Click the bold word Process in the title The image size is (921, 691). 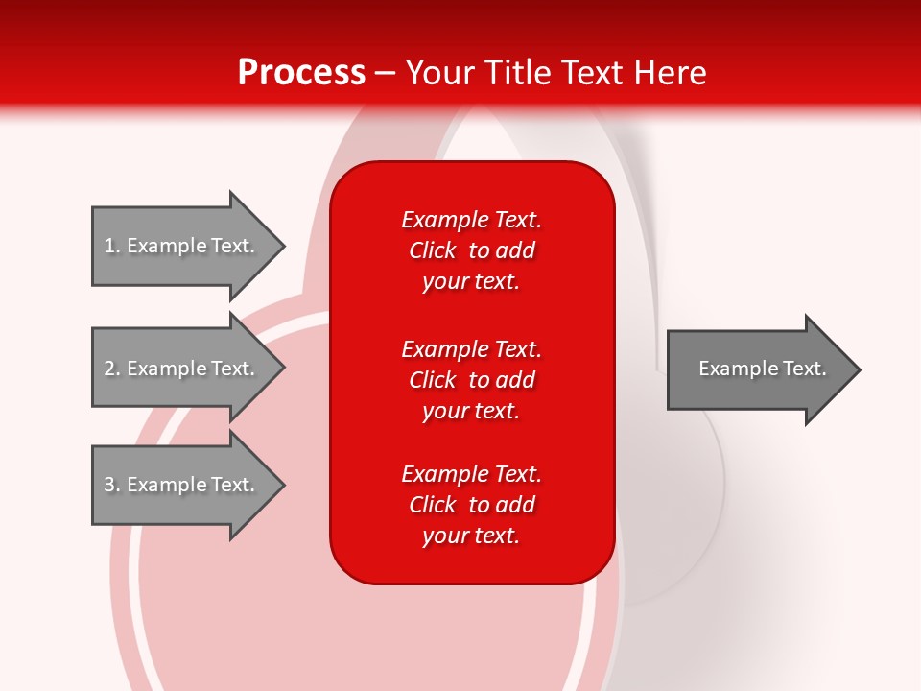[x=301, y=73]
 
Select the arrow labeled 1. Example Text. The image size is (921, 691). [x=182, y=246]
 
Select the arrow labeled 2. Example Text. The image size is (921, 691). [x=182, y=369]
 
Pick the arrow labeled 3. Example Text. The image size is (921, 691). [x=182, y=485]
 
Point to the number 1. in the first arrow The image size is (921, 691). [x=112, y=246]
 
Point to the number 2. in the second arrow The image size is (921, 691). [x=112, y=369]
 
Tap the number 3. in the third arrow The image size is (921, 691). [x=112, y=485]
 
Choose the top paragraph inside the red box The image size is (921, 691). [x=471, y=250]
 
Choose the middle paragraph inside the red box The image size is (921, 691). [x=471, y=380]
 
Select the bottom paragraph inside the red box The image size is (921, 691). [x=471, y=505]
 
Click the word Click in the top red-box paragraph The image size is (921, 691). [x=432, y=250]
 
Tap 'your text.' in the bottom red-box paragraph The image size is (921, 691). [x=471, y=536]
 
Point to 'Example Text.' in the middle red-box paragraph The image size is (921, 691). [x=471, y=349]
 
